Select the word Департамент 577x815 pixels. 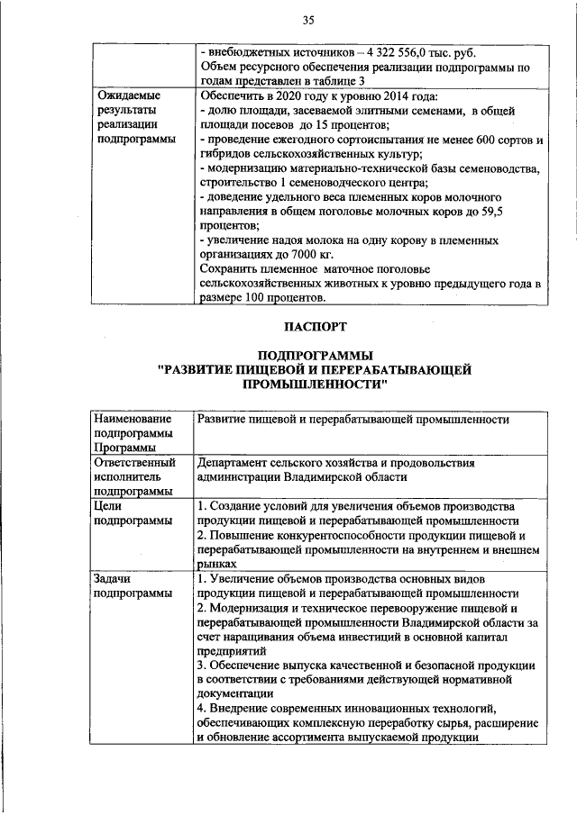click(238, 463)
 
